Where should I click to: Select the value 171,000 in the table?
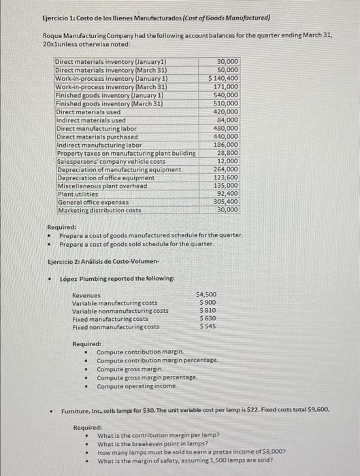tap(226, 87)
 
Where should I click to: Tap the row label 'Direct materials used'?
tap(88, 112)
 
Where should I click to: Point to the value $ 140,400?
tap(223, 79)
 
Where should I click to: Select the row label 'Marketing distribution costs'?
tap(100, 211)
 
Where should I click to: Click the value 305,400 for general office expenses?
tap(226, 203)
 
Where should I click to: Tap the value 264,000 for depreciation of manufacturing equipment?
tap(226, 169)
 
